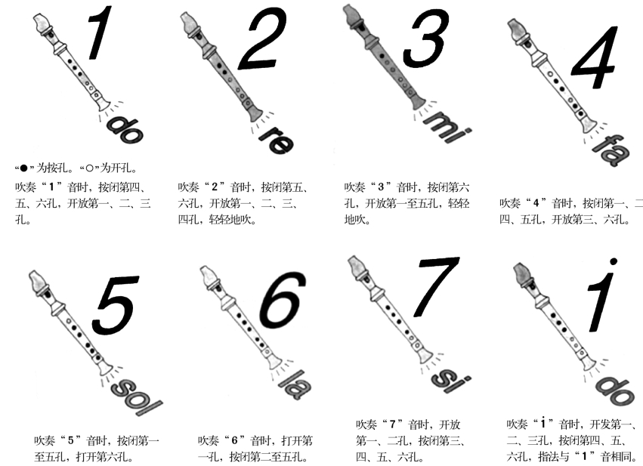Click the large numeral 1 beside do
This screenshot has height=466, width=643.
coord(100,32)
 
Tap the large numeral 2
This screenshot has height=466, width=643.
coord(262,39)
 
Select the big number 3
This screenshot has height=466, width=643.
coord(426,39)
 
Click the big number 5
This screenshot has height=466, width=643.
coord(116,305)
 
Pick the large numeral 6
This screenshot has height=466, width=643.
coord(283,300)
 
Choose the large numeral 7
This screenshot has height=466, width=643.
coord(437,287)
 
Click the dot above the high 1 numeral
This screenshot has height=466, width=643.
coord(614,261)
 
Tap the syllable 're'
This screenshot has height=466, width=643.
coord(277,140)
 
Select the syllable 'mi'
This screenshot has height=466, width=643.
coord(448,126)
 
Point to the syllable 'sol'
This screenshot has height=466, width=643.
coord(136,396)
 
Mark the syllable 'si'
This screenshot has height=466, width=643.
coord(450,379)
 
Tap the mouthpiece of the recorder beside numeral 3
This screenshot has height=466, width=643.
coord(354,17)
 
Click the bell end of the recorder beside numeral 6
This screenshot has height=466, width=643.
coord(274,363)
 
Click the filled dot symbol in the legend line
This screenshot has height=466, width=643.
coord(23,168)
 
